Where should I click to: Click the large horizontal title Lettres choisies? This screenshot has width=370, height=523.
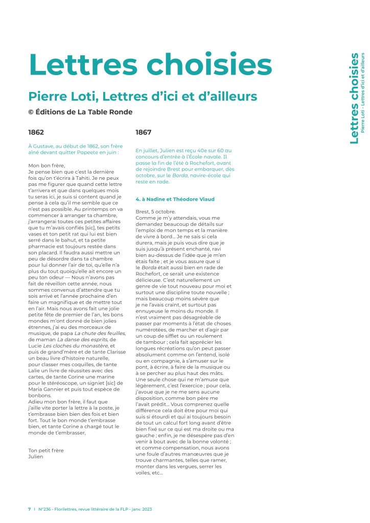coord(150,63)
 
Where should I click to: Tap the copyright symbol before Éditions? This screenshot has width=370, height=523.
coord(31,112)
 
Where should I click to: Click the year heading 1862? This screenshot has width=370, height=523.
coord(36,132)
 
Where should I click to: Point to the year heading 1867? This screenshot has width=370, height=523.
coord(143,132)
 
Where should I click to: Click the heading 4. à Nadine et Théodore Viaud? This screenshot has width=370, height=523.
coord(175,199)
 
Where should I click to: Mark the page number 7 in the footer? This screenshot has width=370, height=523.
coord(29,509)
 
